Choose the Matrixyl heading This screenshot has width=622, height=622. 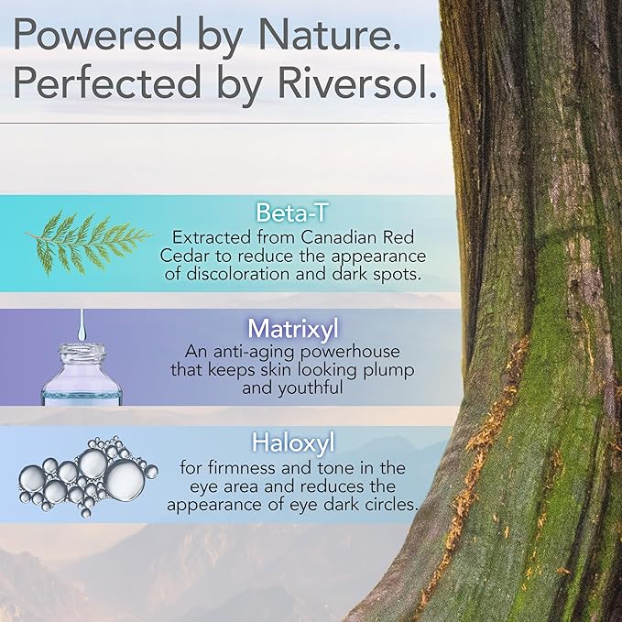pyautogui.click(x=294, y=328)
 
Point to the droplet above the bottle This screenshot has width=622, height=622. pyautogui.click(x=82, y=322)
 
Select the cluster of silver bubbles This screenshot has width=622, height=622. pyautogui.click(x=85, y=475)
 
